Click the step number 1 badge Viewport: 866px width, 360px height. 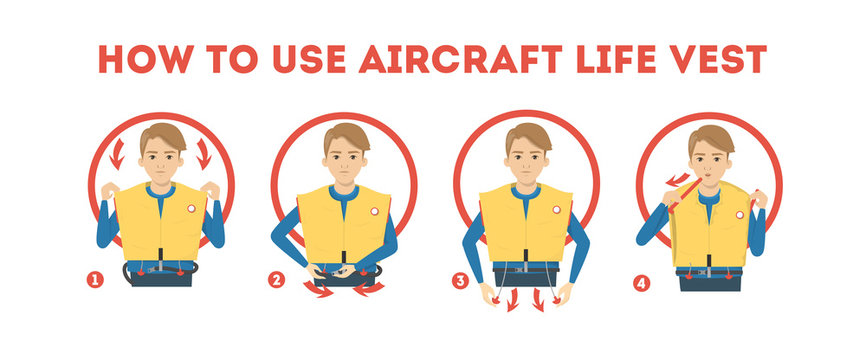coord(96,281)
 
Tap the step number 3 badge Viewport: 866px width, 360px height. coord(460,281)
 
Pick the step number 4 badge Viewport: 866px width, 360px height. coord(641,282)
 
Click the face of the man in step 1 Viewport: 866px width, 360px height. coord(162,159)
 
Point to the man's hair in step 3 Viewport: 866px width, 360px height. coord(528,134)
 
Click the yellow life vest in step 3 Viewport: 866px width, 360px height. coord(525,225)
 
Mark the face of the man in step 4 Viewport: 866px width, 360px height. coord(711,160)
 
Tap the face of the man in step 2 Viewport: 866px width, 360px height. coord(346,159)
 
